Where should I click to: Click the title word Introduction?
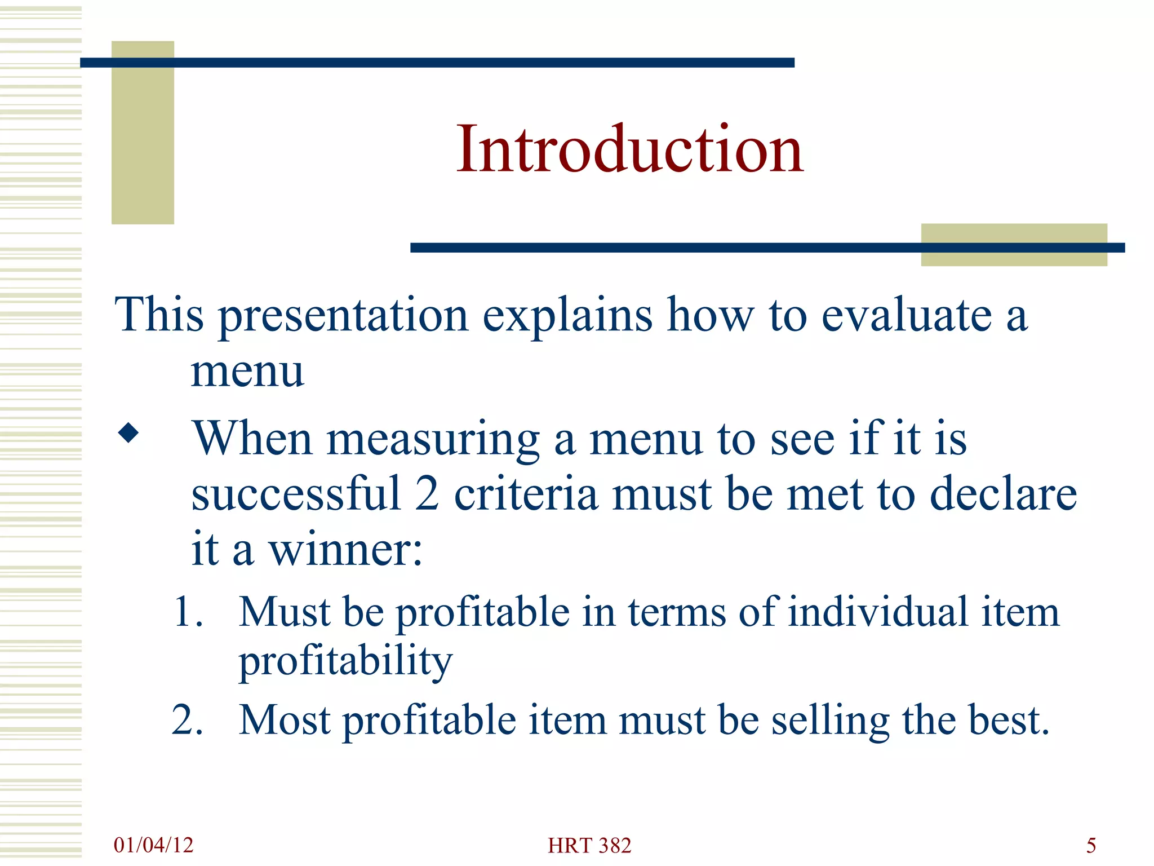click(629, 149)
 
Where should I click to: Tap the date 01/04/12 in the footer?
click(153, 845)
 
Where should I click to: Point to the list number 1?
click(188, 612)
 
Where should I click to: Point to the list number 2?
click(188, 720)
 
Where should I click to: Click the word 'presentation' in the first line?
click(343, 316)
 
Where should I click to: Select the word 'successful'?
click(296, 494)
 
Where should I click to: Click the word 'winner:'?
click(345, 550)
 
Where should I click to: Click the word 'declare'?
click(1003, 494)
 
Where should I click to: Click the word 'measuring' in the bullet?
click(433, 440)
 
